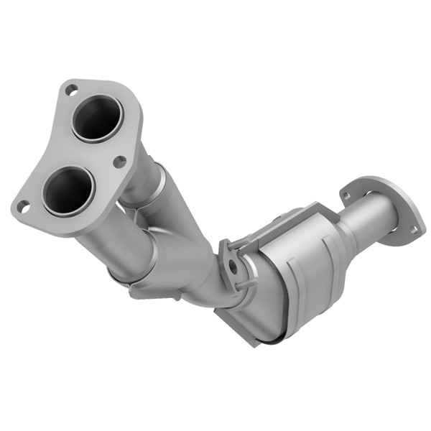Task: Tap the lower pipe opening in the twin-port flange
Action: pyautogui.click(x=68, y=190)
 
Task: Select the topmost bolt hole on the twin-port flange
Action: pyautogui.click(x=71, y=91)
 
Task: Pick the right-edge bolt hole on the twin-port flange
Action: pyautogui.click(x=119, y=162)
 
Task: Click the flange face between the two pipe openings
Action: pyautogui.click(x=83, y=154)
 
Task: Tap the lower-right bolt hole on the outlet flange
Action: pyautogui.click(x=413, y=229)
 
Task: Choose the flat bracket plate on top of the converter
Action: pyautogui.click(x=287, y=223)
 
